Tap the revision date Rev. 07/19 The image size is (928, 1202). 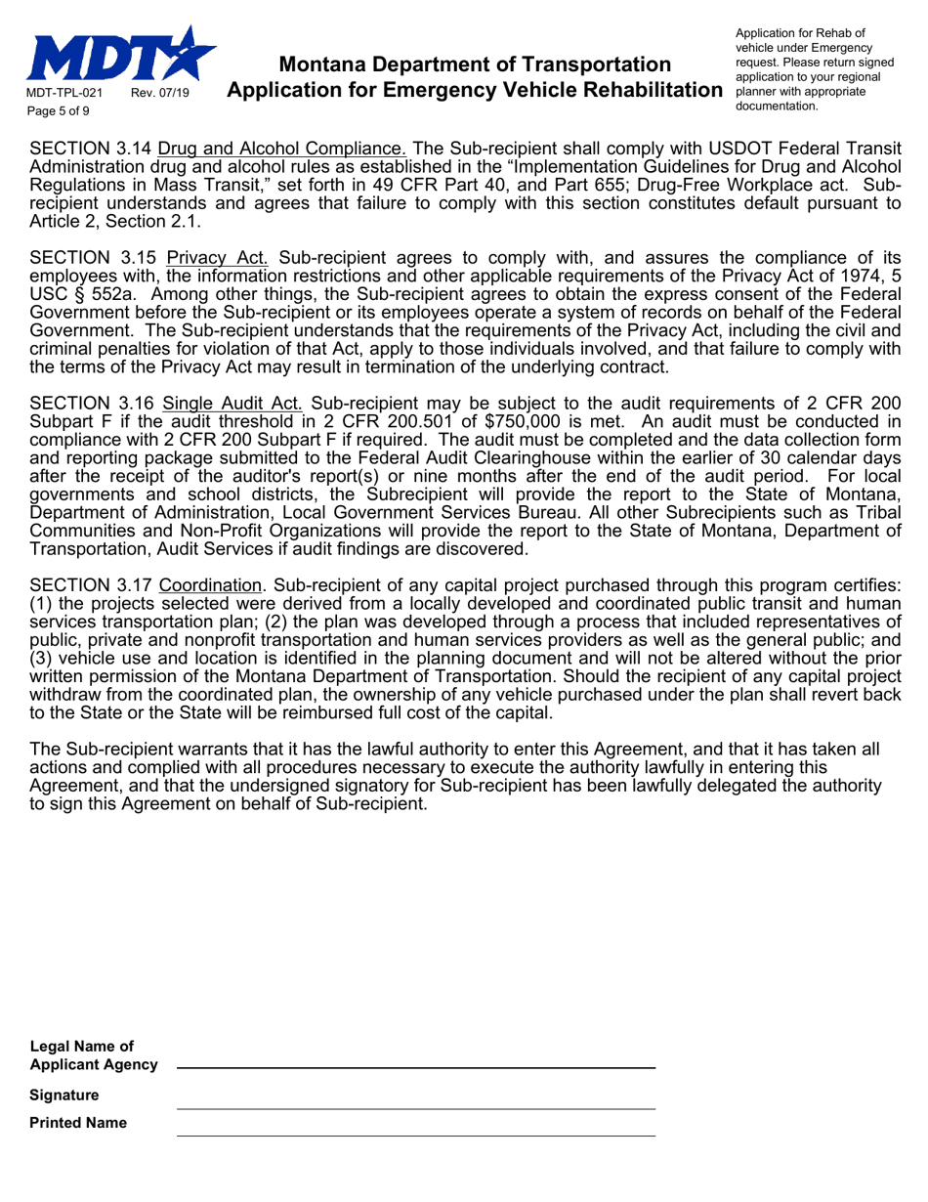pos(161,94)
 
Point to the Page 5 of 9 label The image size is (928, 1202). pos(60,111)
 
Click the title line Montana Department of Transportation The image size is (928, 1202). pos(475,64)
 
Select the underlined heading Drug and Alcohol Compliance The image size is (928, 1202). pos(282,150)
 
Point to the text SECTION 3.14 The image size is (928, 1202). pos(91,150)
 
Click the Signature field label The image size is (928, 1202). pos(64,1095)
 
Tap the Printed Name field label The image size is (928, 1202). pos(78,1123)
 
